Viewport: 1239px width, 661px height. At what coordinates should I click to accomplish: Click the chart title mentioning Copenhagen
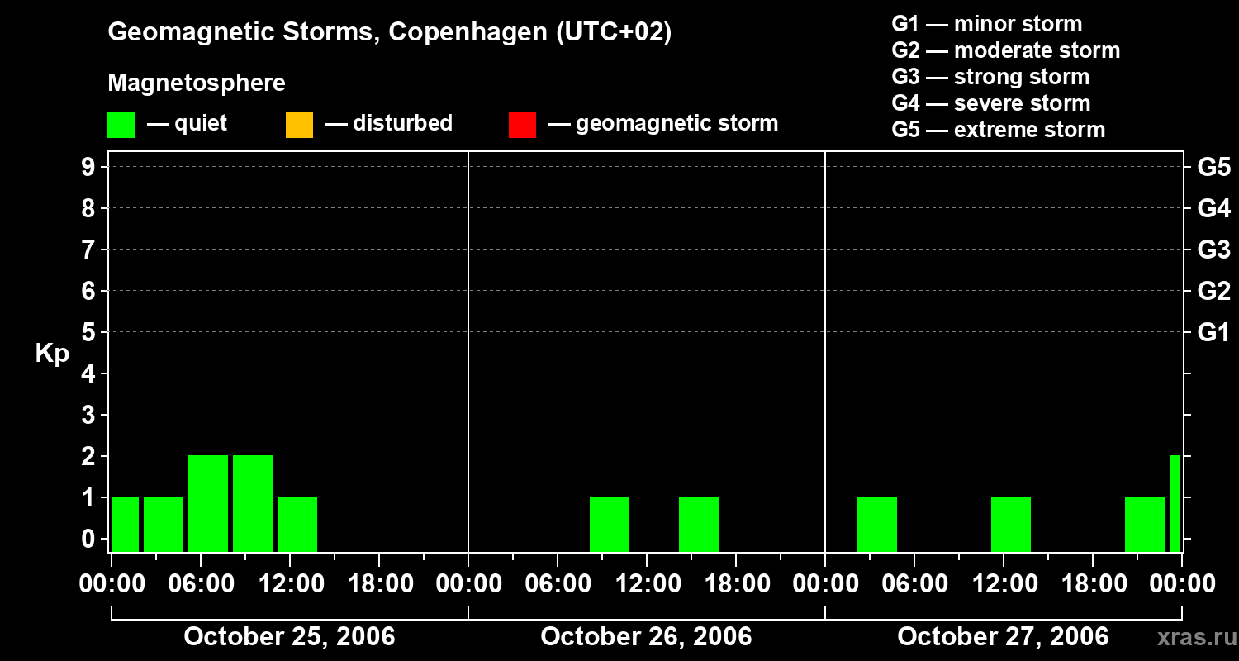click(389, 32)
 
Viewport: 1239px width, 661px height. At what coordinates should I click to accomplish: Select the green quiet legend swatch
click(121, 124)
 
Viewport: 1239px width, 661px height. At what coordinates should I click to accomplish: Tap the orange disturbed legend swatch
click(299, 124)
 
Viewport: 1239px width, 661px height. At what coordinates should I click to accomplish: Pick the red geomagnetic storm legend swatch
click(522, 124)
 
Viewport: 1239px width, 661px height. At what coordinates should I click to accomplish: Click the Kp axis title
click(52, 354)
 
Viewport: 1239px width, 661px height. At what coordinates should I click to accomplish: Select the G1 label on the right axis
click(1213, 333)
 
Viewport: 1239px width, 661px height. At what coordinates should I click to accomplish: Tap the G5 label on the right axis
click(1213, 168)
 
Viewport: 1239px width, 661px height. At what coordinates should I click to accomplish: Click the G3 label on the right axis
click(1213, 250)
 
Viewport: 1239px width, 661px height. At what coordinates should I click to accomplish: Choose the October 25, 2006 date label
click(289, 636)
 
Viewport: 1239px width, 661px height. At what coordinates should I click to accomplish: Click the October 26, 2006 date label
click(646, 636)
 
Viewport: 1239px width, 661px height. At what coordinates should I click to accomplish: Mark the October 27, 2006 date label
click(1003, 636)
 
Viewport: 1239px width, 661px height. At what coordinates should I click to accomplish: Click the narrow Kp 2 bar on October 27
click(1175, 503)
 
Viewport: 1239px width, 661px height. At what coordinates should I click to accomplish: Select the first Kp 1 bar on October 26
click(610, 524)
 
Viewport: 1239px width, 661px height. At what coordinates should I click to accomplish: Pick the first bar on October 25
click(126, 524)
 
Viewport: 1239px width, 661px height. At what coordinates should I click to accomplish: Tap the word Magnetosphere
click(197, 83)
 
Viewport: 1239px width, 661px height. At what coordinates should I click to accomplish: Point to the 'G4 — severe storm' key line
click(991, 103)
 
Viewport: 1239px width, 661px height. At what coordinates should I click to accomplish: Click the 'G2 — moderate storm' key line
click(1006, 50)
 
